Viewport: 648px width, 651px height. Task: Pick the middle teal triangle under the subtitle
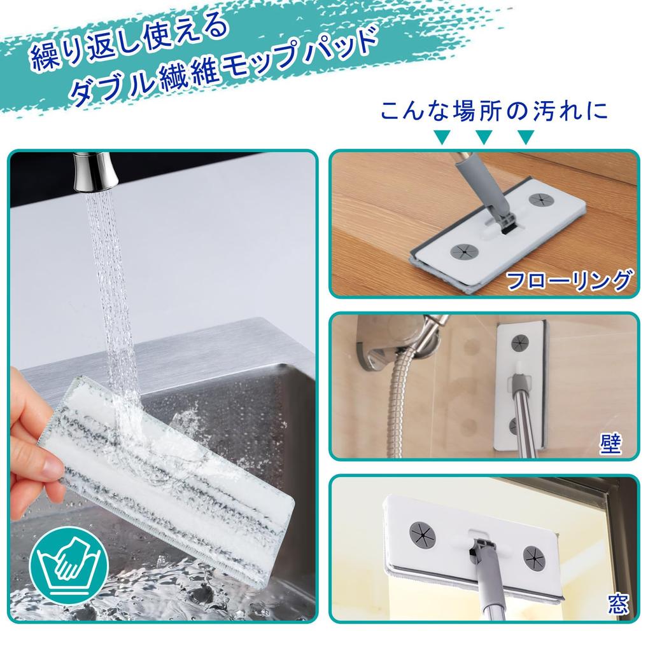(x=484, y=136)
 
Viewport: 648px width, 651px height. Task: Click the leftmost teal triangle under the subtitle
(x=441, y=136)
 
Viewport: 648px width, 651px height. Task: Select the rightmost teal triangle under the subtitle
(x=525, y=136)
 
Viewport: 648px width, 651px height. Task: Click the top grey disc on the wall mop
(x=521, y=342)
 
